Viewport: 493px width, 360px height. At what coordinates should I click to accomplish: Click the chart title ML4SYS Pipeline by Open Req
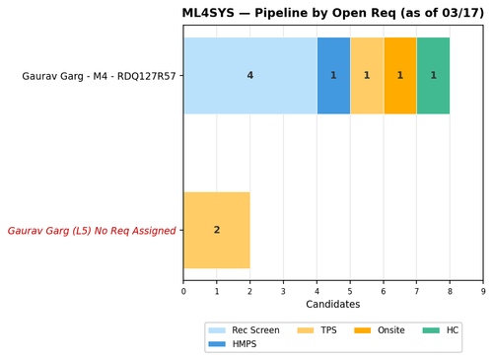tap(332, 13)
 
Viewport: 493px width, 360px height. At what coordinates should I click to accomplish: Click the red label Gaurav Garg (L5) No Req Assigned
tap(92, 231)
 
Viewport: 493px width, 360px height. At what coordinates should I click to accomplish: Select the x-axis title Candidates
tap(332, 305)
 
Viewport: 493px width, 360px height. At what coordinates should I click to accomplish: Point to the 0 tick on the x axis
tap(183, 291)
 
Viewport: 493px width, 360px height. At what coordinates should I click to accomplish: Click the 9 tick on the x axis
tap(483, 291)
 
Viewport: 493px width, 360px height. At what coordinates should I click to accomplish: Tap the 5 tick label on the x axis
tap(350, 291)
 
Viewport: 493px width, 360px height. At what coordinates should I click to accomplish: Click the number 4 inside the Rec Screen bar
tap(249, 76)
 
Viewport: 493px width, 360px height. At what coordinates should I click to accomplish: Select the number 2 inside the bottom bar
tap(217, 231)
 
